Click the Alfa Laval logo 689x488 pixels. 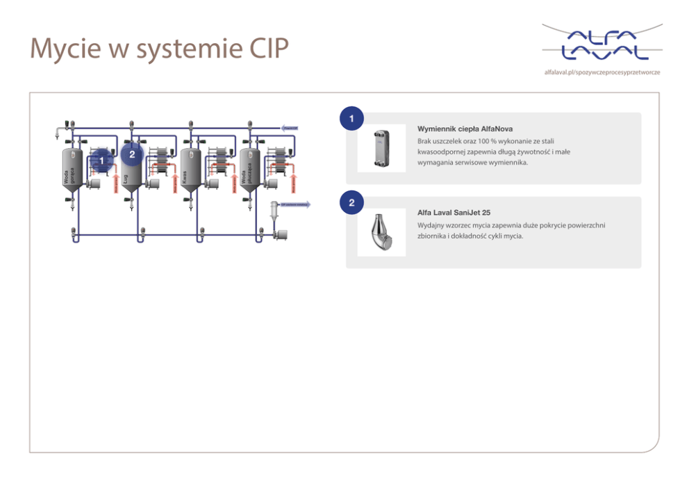click(602, 44)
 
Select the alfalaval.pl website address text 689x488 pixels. click(602, 72)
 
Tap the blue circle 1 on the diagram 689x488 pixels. click(101, 161)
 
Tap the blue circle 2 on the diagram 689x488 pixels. click(132, 154)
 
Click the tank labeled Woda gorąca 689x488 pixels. click(72, 169)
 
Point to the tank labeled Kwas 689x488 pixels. click(190, 169)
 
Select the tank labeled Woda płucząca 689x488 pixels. click(249, 169)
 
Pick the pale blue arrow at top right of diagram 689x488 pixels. click(290, 128)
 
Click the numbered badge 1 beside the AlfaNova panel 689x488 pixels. click(353, 119)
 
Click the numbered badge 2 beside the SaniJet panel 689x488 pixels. click(353, 203)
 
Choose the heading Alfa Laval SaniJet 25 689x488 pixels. click(454, 213)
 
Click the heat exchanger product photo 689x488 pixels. click(381, 148)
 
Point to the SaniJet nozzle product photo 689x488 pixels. click(381, 231)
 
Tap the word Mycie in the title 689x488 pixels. click(65, 49)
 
